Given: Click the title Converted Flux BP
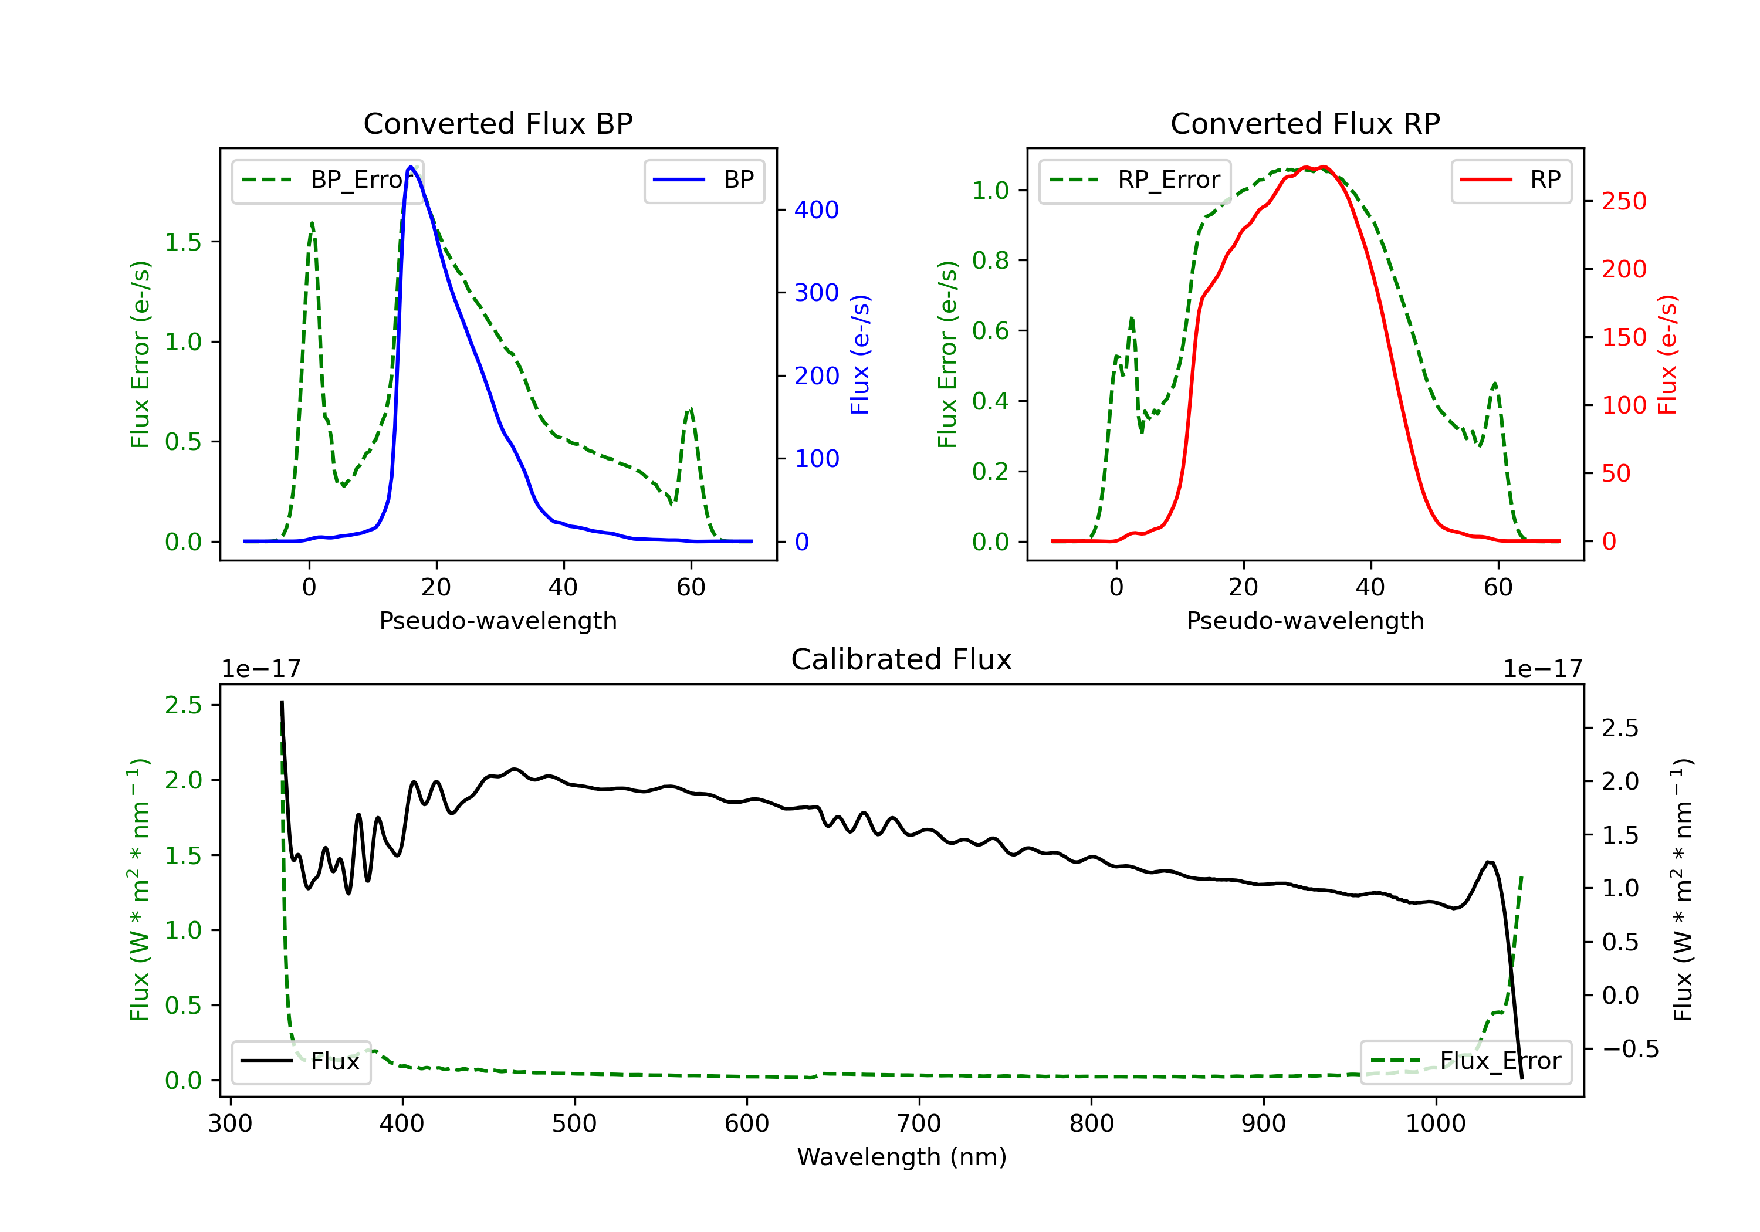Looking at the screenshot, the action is click(497, 123).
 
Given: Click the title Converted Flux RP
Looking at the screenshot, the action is click(1305, 123).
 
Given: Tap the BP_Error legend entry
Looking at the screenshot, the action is click(328, 180).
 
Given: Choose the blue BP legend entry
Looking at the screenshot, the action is click(703, 180).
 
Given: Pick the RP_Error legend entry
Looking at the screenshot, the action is click(1135, 180).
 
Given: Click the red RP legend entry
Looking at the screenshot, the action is click(1510, 180).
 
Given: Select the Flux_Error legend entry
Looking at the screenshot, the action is click(1465, 1061).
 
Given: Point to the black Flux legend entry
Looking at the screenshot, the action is click(300, 1061).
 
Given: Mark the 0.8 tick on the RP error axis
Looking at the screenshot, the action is click(990, 260).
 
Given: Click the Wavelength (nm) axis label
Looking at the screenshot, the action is click(902, 1157).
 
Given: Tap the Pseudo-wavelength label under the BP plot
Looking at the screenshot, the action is click(497, 620).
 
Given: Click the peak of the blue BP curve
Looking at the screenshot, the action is click(411, 167).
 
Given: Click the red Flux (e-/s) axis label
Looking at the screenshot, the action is click(1667, 355).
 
